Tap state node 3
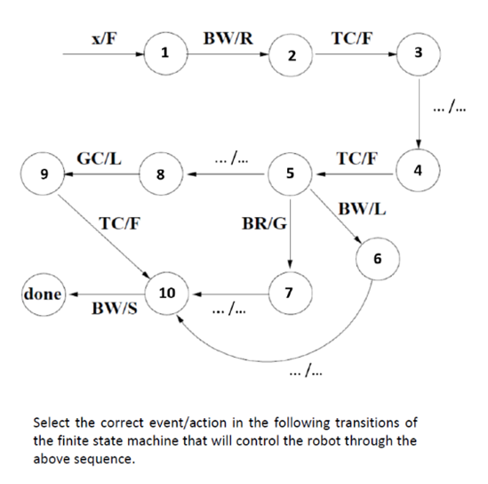click(x=418, y=54)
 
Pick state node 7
click(x=287, y=292)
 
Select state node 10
click(x=165, y=292)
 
